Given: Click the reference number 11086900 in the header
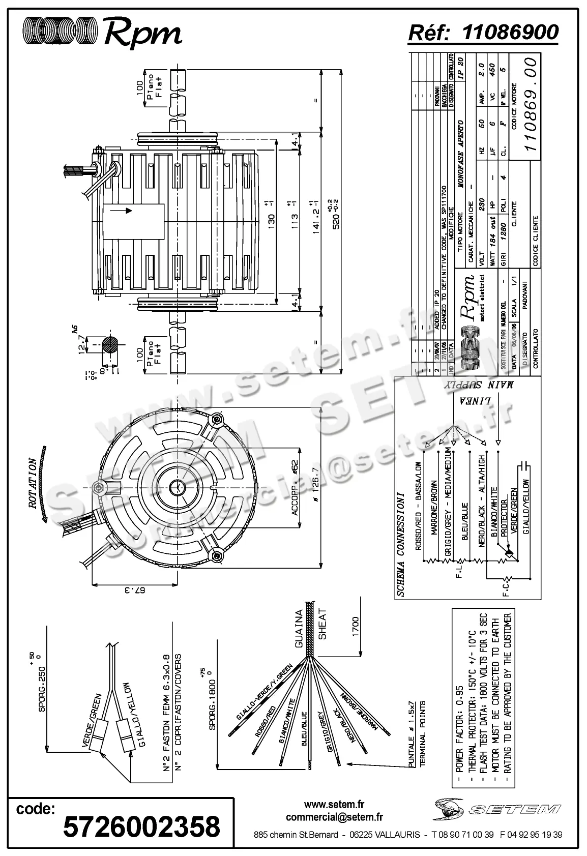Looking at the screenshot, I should pyautogui.click(x=510, y=32).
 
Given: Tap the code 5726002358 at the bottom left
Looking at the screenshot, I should pyautogui.click(x=141, y=826).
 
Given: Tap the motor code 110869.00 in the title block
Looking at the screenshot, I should pyautogui.click(x=531, y=104).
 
